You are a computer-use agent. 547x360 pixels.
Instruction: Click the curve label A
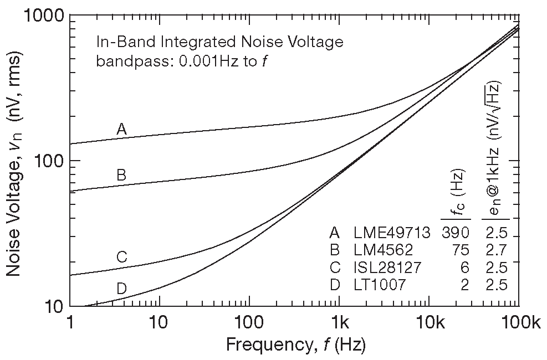tap(122, 129)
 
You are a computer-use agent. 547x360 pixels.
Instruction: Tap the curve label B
tap(122, 176)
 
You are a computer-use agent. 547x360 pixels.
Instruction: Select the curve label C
tap(122, 257)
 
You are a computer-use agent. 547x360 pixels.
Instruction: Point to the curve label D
tap(122, 288)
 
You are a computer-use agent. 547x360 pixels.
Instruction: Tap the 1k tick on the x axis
tap(340, 321)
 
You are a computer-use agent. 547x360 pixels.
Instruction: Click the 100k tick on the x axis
tap(518, 321)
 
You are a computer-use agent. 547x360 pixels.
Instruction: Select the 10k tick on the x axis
tap(428, 321)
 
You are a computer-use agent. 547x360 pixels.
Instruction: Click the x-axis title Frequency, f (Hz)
tap(295, 345)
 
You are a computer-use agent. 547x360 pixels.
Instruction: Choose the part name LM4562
tap(385, 250)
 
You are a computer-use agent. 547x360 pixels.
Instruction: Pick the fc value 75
tap(461, 250)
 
